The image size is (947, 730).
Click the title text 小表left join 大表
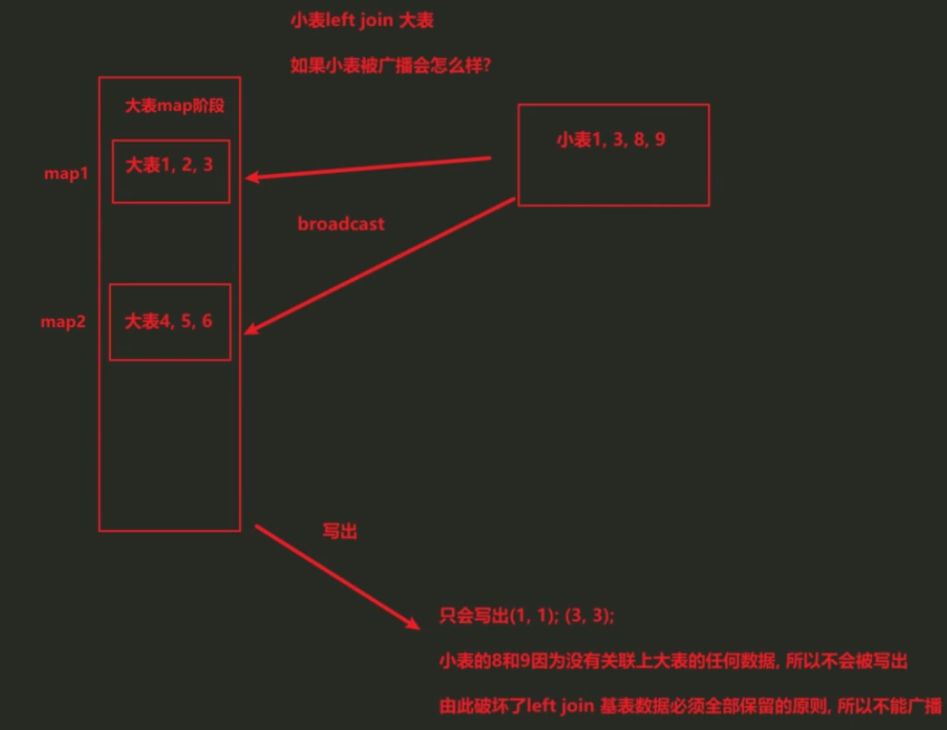[361, 20]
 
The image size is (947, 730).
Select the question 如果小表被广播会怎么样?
[390, 65]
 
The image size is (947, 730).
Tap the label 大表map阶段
[175, 106]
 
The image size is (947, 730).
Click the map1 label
[65, 173]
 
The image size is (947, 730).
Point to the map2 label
[63, 322]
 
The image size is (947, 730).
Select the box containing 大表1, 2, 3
[170, 171]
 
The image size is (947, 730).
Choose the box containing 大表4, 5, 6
[169, 322]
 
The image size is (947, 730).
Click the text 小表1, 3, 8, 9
[611, 139]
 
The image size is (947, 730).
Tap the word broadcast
[340, 224]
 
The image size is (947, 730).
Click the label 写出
[340, 531]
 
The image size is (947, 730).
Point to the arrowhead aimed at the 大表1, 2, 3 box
[251, 177]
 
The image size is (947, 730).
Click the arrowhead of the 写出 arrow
[413, 624]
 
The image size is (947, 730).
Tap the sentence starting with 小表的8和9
[673, 661]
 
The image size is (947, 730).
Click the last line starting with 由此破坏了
[690, 706]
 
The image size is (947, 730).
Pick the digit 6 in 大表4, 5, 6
[206, 321]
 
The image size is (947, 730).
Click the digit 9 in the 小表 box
[659, 139]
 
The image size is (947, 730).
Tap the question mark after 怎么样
[487, 65]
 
